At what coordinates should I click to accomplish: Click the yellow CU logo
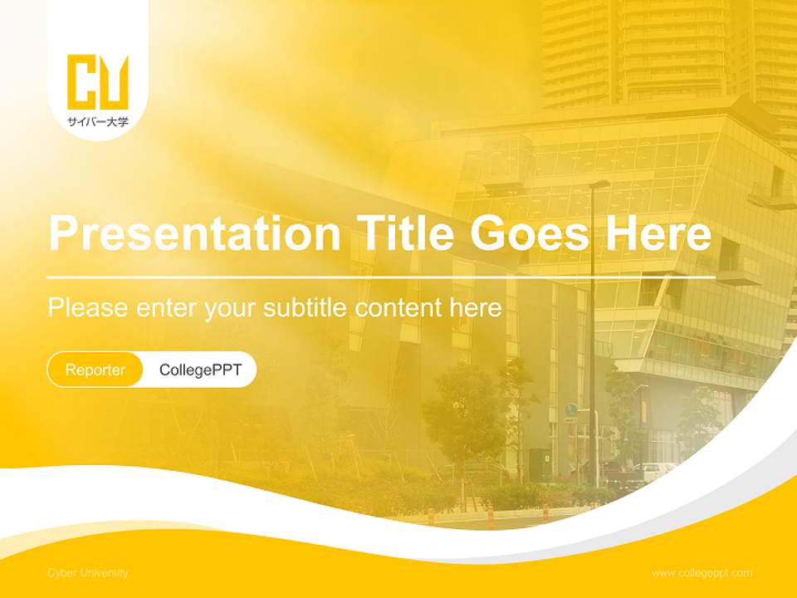98,82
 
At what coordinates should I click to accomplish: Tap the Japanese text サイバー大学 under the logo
98,122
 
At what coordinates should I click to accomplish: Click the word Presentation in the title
194,233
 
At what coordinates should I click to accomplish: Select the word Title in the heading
404,233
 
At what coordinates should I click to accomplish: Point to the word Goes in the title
531,233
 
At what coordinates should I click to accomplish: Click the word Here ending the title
658,233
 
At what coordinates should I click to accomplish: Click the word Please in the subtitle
88,307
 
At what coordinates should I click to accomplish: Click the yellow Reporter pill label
95,370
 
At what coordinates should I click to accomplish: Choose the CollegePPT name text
200,370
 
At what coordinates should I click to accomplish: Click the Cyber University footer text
87,573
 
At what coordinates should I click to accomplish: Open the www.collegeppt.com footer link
702,573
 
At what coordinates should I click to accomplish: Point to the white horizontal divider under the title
381,277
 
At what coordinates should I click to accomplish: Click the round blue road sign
571,409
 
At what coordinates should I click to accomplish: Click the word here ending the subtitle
475,307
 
